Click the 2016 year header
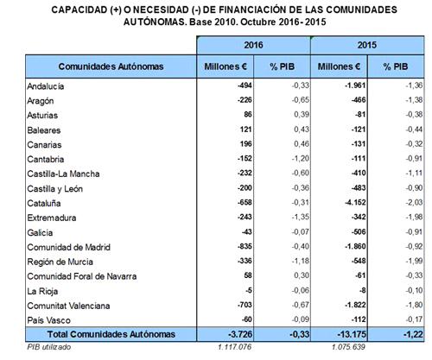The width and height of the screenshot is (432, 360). coord(253,45)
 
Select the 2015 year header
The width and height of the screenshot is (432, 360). coord(367,45)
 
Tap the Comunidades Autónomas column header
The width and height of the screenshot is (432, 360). coord(111,66)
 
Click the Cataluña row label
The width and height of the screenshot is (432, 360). coord(44,203)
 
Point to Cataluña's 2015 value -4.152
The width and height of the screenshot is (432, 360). coord(355,202)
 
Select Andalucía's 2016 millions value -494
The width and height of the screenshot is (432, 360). coord(245,85)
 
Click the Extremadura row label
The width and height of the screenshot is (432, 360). coord(52,218)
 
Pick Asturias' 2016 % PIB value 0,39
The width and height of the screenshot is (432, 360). coord(302,114)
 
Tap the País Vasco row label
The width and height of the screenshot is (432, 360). coord(48,320)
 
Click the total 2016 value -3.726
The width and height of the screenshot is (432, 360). coord(240,334)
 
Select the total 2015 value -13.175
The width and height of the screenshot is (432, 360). coord(352,334)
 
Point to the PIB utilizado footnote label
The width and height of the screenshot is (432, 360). coord(48,347)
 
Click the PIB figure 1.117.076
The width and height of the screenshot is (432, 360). coord(235,347)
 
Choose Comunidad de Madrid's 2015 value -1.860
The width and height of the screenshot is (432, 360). coord(355,246)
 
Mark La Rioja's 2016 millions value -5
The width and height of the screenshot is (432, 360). coord(249,290)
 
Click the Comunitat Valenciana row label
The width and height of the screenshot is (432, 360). coord(68,306)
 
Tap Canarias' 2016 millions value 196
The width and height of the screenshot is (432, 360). coord(246,143)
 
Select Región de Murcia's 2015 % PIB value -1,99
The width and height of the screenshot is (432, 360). coord(414,261)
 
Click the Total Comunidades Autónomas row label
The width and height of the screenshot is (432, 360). coord(111,334)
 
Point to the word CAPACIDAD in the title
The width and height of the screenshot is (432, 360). coord(79,9)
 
